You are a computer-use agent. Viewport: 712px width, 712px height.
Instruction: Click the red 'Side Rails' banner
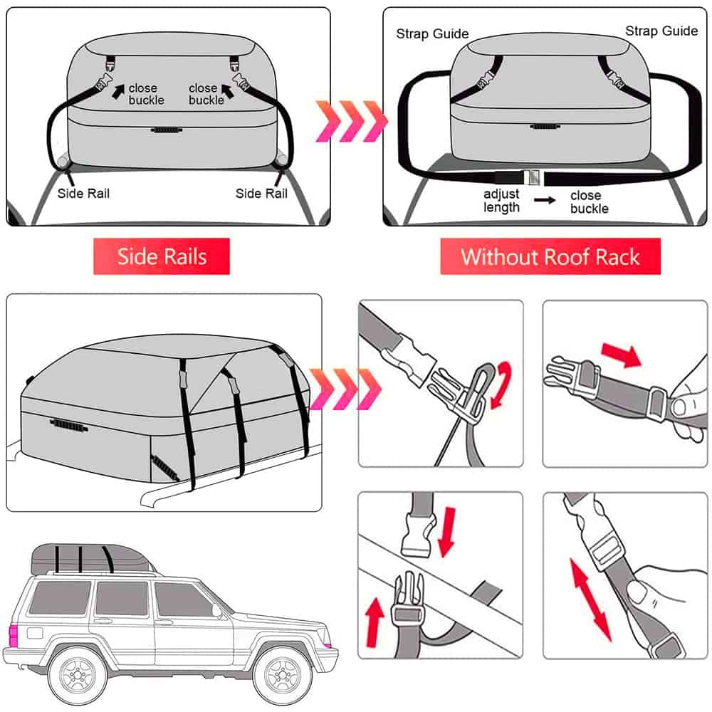pos(161,256)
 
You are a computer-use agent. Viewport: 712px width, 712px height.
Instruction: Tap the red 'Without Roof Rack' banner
pos(550,256)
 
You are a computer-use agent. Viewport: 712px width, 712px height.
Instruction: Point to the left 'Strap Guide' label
pos(432,33)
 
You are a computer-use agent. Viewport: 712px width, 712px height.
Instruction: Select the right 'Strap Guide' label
pos(661,31)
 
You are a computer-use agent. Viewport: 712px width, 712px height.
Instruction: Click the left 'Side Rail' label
pos(83,194)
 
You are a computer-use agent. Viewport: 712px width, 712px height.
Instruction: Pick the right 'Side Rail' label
pos(261,194)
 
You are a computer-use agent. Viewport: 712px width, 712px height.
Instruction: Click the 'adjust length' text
pos(501,200)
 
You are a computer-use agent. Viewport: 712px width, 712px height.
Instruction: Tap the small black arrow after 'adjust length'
pos(545,200)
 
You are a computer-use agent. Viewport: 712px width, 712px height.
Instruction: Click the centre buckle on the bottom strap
pos(531,177)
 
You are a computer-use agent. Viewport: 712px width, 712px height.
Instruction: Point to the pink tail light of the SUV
pos(13,636)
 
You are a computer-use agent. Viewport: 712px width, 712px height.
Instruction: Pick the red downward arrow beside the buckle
pos(447,532)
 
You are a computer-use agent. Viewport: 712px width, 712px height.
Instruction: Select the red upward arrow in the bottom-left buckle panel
pos(375,622)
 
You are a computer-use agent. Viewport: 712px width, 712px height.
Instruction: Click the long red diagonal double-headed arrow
pos(591,600)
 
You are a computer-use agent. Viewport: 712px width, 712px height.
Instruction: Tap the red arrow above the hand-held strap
pos(621,354)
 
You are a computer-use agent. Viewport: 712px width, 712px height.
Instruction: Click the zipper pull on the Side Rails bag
pos(167,130)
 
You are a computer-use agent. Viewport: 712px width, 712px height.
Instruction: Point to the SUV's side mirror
pos(216,611)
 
